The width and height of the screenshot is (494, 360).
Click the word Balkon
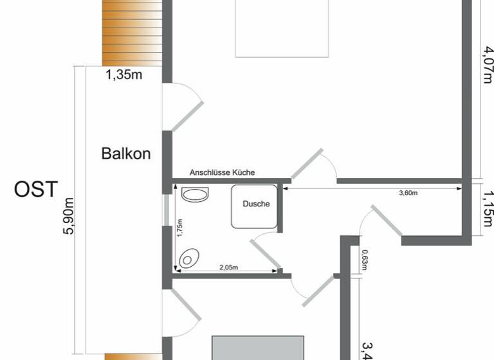tap(126, 154)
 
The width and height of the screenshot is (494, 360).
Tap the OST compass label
tap(36, 189)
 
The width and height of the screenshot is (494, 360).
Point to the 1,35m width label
tap(124, 75)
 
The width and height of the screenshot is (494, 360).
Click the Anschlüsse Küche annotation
tap(222, 172)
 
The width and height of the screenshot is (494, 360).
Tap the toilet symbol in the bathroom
tap(188, 258)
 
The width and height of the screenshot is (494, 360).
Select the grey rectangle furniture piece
tap(258, 347)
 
